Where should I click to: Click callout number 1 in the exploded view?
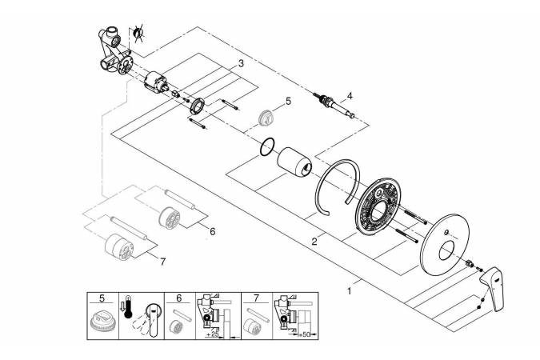[x=349, y=292]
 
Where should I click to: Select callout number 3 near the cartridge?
[x=240, y=63]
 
